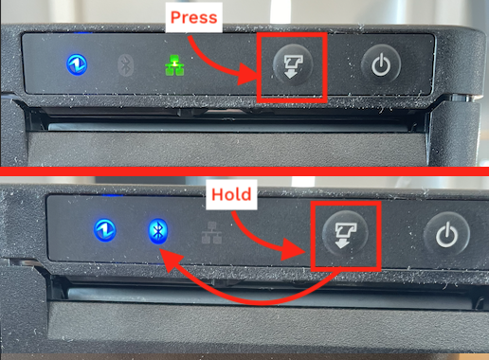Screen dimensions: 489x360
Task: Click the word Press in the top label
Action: tap(193, 17)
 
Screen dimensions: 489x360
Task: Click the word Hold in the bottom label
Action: tap(231, 194)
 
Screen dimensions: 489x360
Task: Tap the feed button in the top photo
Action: tap(293, 65)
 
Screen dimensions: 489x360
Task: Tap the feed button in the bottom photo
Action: tap(345, 234)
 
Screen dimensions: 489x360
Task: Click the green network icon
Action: tap(174, 65)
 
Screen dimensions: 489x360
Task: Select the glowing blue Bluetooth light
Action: tap(158, 231)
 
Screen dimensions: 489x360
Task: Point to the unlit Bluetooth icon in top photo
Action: tap(126, 65)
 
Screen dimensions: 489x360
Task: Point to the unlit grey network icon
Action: tap(211, 233)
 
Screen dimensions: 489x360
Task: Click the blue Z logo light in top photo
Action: tap(77, 64)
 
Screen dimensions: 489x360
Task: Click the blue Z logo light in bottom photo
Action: tap(105, 230)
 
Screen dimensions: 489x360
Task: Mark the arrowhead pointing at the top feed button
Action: tap(248, 74)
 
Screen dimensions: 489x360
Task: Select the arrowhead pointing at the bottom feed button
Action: tap(294, 249)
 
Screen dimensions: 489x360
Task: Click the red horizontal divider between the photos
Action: tap(244, 171)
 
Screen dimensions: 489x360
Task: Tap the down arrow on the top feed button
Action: tap(290, 74)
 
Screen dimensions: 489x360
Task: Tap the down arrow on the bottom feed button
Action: tap(342, 243)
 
